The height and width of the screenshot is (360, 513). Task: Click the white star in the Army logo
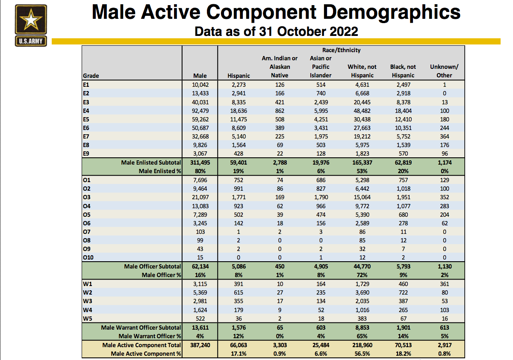[x=31, y=20]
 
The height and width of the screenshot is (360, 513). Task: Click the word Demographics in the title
[x=392, y=12]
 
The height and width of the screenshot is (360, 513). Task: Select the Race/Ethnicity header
[x=341, y=50]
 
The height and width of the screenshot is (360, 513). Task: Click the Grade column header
[x=91, y=76]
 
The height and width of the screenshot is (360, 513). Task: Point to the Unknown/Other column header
[x=444, y=71]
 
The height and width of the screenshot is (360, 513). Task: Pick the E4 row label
[x=86, y=111]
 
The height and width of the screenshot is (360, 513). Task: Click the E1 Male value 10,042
[x=200, y=85]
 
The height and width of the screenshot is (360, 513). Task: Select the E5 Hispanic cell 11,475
[x=239, y=119]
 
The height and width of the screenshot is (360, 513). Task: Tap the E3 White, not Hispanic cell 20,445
[x=362, y=102]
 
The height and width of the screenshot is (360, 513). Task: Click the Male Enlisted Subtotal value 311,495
[x=200, y=162]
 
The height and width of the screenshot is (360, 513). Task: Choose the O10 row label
[x=88, y=257]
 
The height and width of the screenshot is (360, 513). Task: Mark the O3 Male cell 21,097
[x=200, y=197]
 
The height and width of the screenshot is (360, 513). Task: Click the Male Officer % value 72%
[x=362, y=275]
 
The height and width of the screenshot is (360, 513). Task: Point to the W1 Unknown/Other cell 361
[x=444, y=284]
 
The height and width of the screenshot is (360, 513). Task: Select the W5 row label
[x=88, y=319]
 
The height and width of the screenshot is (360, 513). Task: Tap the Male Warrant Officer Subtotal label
[x=141, y=328]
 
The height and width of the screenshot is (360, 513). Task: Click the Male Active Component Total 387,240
[x=200, y=345]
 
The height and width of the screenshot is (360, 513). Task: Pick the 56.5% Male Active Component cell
[x=362, y=354]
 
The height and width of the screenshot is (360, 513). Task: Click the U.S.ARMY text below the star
[x=31, y=41]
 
